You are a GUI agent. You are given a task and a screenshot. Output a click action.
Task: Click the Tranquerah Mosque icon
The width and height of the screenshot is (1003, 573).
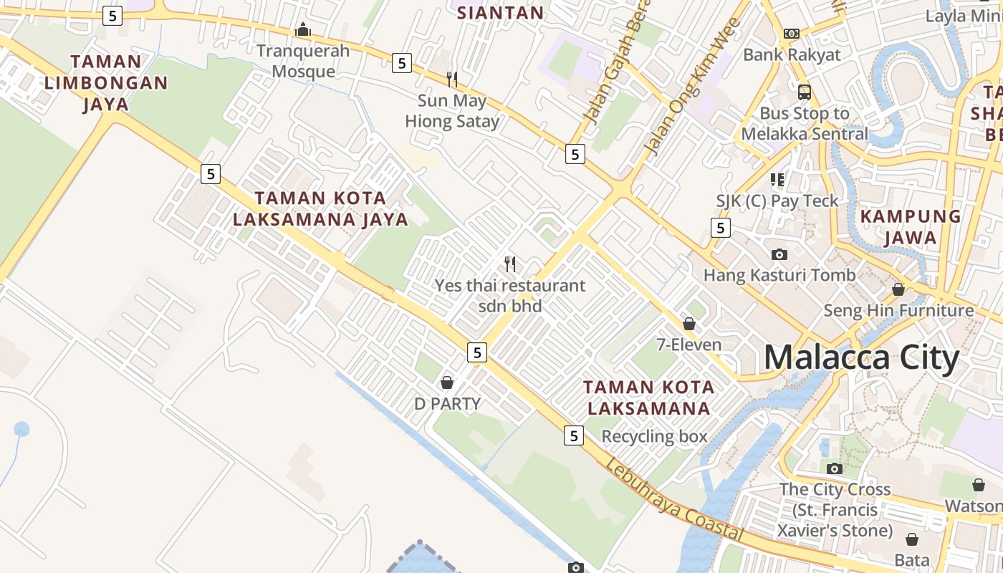click(x=303, y=30)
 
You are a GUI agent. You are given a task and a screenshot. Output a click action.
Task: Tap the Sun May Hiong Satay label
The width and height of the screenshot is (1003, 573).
click(x=451, y=111)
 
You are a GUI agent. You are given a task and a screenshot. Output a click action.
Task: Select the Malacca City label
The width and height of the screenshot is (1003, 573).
click(x=861, y=357)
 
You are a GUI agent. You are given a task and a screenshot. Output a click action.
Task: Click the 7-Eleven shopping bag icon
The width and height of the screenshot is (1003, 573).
click(x=689, y=324)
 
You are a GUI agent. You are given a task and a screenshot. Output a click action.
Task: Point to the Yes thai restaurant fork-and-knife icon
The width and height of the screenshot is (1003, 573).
click(x=510, y=264)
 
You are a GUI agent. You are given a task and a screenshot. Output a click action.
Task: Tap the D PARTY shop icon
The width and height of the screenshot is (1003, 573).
click(x=447, y=382)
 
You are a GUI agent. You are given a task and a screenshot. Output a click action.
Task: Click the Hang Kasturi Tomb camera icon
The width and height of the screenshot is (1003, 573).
click(x=779, y=254)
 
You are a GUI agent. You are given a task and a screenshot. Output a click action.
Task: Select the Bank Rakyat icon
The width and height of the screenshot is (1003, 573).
click(x=792, y=34)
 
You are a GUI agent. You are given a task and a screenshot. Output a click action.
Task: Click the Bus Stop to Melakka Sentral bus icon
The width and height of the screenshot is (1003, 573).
click(x=805, y=92)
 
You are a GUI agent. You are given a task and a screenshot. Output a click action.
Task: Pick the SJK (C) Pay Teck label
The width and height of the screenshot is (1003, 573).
click(x=777, y=201)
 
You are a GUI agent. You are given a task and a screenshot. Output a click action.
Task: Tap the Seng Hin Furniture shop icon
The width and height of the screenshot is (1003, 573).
click(x=898, y=289)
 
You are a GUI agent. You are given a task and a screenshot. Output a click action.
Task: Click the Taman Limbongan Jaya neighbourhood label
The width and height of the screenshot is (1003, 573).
click(x=106, y=82)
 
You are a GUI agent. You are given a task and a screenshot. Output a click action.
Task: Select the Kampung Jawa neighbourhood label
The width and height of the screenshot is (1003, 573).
click(x=910, y=226)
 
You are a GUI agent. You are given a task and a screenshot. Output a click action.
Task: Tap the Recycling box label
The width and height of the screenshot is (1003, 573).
click(x=654, y=436)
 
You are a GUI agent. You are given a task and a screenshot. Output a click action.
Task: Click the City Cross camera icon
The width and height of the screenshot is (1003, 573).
click(x=835, y=468)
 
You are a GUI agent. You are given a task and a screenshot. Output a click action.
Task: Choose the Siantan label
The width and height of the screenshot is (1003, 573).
click(x=500, y=12)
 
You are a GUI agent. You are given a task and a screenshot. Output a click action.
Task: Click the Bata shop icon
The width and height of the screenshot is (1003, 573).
click(x=912, y=539)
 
